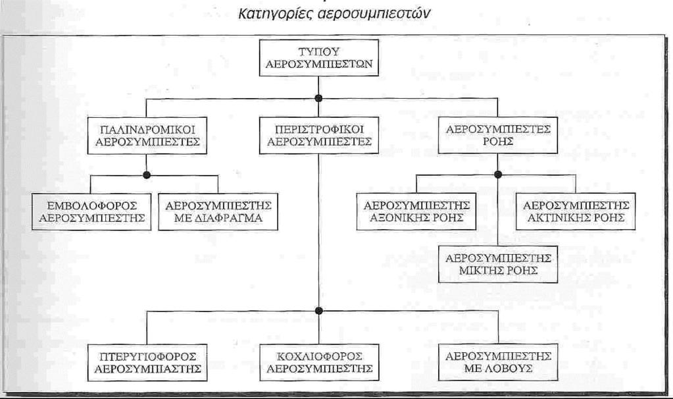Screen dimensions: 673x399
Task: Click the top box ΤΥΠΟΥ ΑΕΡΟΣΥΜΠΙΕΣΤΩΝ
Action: [319, 57]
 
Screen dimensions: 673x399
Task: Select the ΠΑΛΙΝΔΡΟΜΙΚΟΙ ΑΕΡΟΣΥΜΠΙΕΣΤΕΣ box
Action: [147, 135]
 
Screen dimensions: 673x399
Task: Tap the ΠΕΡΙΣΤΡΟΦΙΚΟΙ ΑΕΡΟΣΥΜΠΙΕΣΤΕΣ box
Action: [319, 135]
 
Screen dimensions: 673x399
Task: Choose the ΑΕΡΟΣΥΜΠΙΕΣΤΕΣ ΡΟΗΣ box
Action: [498, 135]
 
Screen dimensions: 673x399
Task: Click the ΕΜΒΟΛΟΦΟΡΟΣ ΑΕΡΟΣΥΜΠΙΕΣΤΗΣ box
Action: [91, 212]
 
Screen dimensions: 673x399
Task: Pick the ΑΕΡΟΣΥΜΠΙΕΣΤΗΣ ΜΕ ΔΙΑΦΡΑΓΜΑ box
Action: [218, 212]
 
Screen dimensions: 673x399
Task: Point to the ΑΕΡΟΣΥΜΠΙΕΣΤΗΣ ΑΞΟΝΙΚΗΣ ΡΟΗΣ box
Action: [416, 212]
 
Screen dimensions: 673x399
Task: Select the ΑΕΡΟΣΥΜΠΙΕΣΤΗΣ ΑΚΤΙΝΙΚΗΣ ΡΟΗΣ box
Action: [576, 212]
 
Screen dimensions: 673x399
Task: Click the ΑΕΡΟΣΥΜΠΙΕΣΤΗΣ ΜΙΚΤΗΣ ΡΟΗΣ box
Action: [498, 264]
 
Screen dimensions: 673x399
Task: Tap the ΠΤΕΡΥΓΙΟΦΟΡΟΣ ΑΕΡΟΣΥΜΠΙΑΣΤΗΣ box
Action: [147, 363]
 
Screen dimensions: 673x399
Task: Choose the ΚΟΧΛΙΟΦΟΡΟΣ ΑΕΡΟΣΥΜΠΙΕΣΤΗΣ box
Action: [319, 363]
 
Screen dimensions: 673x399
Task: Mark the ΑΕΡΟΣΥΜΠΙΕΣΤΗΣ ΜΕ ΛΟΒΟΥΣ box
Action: [498, 362]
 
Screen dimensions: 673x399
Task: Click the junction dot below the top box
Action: [318, 98]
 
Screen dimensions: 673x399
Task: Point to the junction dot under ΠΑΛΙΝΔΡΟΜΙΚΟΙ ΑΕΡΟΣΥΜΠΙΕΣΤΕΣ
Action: [147, 175]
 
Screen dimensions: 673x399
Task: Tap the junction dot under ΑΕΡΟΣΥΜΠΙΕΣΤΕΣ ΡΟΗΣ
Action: [498, 174]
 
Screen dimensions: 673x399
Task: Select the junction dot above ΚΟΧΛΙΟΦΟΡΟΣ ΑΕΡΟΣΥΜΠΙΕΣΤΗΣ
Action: [318, 311]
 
